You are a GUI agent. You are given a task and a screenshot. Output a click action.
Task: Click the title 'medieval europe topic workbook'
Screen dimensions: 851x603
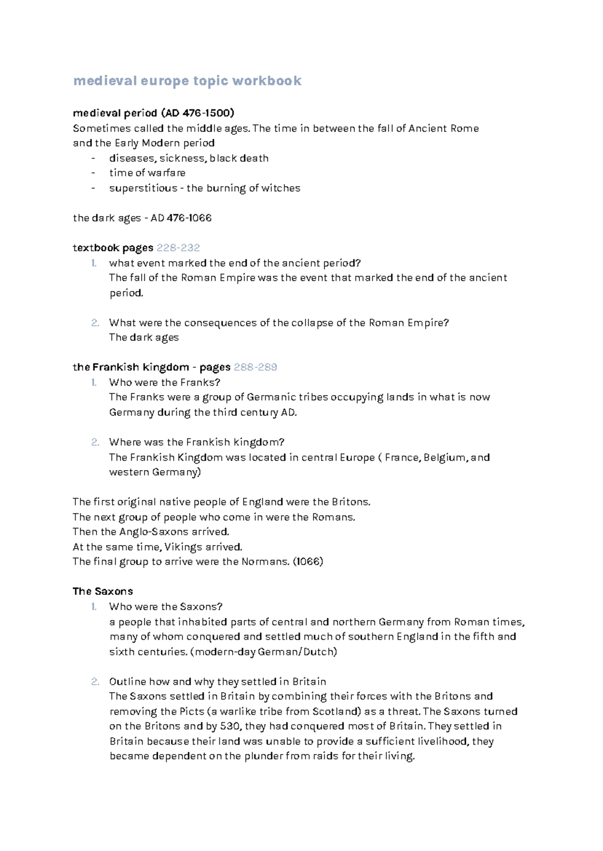click(x=187, y=81)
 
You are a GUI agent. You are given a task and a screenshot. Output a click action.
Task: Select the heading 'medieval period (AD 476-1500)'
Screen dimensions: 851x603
click(x=153, y=113)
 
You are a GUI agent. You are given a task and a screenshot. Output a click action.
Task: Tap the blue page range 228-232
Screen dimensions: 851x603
click(x=178, y=248)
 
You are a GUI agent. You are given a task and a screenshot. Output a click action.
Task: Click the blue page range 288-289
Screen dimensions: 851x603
click(x=255, y=367)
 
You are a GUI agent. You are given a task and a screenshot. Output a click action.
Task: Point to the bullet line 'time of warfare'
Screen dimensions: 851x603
click(x=147, y=173)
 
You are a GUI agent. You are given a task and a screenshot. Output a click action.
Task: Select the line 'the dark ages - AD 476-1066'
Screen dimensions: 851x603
click(x=142, y=218)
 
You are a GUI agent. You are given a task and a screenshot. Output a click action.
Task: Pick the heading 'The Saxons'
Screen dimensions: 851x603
click(x=103, y=591)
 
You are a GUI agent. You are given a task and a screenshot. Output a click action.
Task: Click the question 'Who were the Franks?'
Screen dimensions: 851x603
click(x=165, y=382)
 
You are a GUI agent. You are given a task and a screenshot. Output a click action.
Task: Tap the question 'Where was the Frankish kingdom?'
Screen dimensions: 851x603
click(x=196, y=442)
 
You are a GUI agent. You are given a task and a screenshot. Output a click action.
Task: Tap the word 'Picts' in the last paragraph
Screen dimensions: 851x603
click(x=191, y=711)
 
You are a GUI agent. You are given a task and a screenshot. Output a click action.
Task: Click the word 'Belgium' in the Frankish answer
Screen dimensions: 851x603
click(x=445, y=457)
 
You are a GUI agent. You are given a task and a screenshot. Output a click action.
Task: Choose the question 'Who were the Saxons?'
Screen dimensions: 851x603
click(x=166, y=606)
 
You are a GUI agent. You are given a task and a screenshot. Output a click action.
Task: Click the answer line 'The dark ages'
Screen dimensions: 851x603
click(x=144, y=338)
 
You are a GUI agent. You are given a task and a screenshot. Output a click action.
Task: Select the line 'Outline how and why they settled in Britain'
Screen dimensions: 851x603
click(x=217, y=682)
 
